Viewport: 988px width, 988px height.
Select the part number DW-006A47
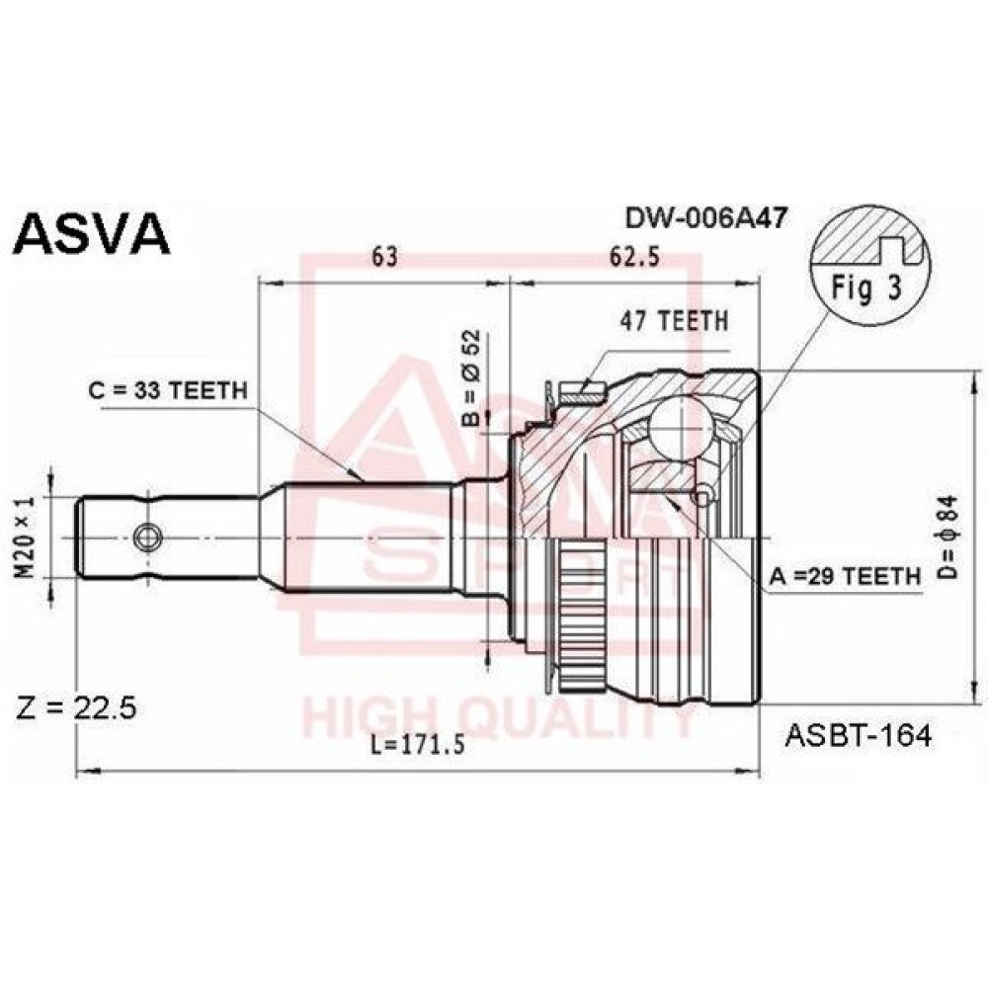[x=705, y=218]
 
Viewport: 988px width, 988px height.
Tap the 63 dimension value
[x=385, y=257]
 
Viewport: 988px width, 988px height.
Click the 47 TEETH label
[x=674, y=321]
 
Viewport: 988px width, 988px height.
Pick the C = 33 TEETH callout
[x=168, y=390]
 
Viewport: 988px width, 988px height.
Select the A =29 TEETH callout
[x=845, y=575]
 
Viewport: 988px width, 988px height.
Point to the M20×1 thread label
[x=27, y=536]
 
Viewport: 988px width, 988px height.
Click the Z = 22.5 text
[x=76, y=708]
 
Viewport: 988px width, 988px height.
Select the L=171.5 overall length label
[x=417, y=745]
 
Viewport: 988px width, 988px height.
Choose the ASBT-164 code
[x=858, y=734]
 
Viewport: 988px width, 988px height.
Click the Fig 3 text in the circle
[x=867, y=288]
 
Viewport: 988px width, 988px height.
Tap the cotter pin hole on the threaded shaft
[x=148, y=537]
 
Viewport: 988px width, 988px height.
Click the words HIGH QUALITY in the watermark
[x=499, y=720]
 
